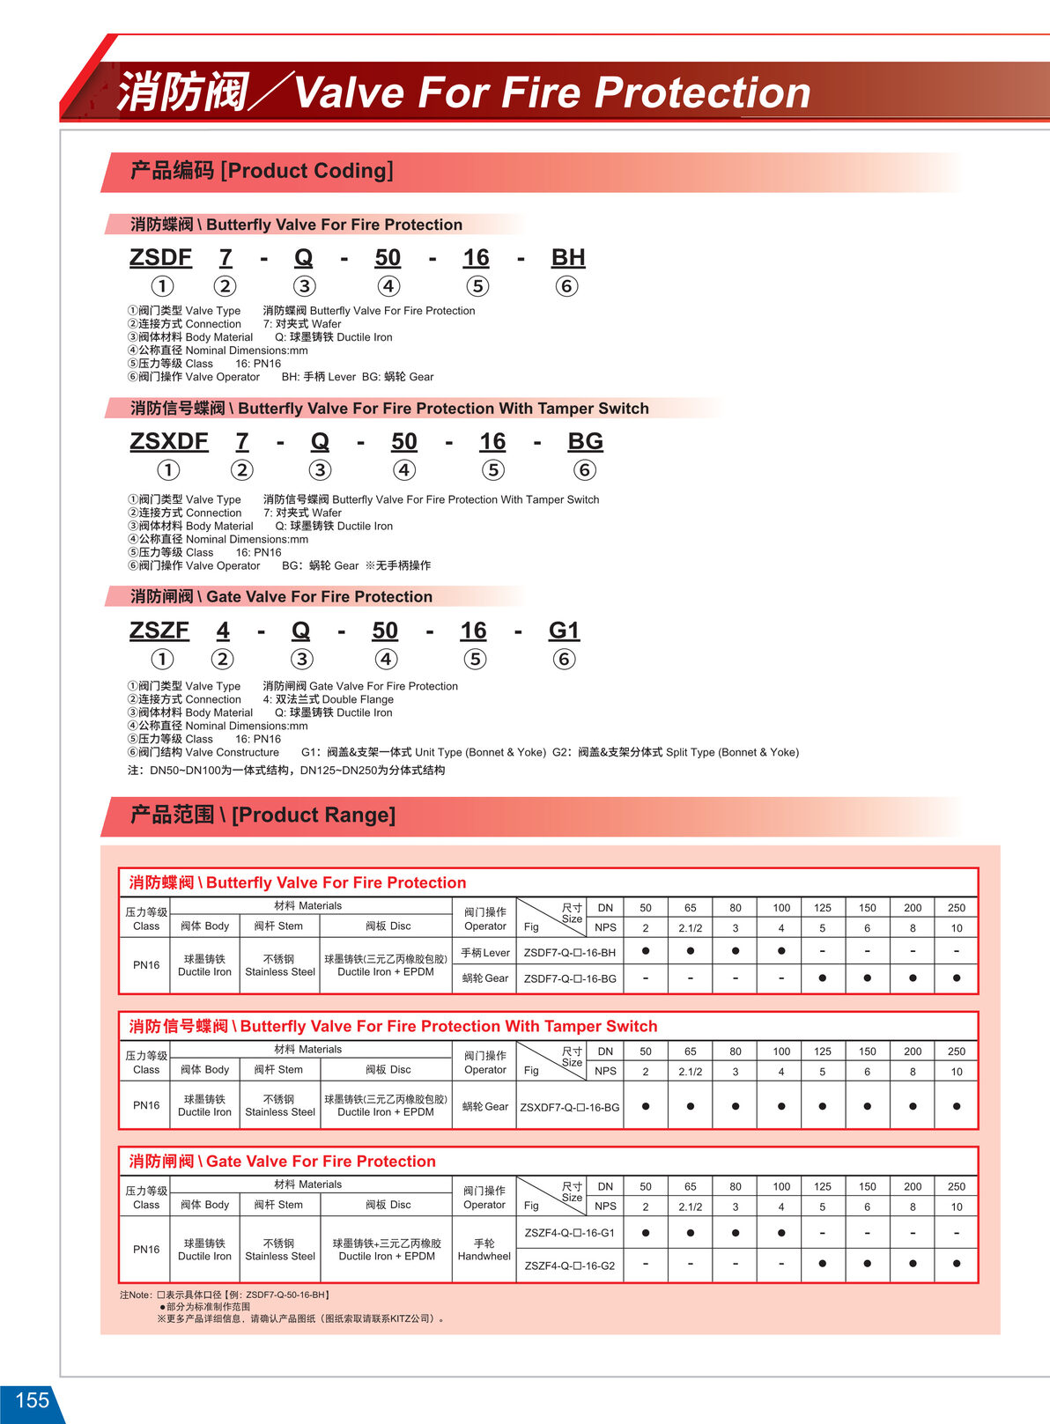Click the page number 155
(32, 1400)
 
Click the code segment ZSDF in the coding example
(160, 257)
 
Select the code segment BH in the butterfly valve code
(568, 257)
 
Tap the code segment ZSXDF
(168, 441)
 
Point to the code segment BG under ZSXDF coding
(585, 441)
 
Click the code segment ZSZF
(159, 631)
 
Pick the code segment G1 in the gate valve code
(564, 631)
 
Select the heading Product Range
(313, 815)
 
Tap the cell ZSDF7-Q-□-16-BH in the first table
(570, 952)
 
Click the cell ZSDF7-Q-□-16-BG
(570, 978)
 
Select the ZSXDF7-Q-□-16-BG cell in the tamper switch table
(570, 1107)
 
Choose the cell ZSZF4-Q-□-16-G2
(570, 1265)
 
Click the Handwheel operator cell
(484, 1250)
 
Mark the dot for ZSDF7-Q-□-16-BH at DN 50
(646, 951)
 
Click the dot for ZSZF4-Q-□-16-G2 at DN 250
(957, 1264)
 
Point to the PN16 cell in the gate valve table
(146, 1249)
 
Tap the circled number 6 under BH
(566, 286)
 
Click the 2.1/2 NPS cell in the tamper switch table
(691, 1072)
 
